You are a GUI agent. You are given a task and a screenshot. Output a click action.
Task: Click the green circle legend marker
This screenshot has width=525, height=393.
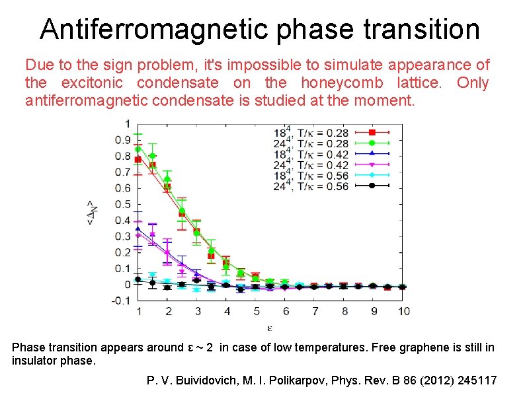pyautogui.click(x=372, y=143)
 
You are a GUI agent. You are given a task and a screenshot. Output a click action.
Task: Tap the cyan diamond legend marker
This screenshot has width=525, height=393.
pyautogui.click(x=372, y=174)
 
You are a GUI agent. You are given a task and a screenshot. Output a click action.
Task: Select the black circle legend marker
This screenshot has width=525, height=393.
pyautogui.click(x=372, y=186)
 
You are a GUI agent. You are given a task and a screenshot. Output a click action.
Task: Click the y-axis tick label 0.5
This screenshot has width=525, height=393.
pyautogui.click(x=122, y=204)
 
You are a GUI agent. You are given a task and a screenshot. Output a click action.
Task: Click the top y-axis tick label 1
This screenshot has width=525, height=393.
pyautogui.click(x=127, y=124)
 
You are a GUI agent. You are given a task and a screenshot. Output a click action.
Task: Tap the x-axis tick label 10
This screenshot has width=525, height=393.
pyautogui.click(x=404, y=311)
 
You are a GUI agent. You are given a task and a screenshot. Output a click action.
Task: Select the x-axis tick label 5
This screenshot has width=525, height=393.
pyautogui.click(x=256, y=311)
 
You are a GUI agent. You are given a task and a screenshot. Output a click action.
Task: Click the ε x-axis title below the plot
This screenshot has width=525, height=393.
pyautogui.click(x=270, y=326)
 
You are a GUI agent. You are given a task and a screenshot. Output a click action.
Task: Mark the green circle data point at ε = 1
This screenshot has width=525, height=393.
pyautogui.click(x=138, y=149)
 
